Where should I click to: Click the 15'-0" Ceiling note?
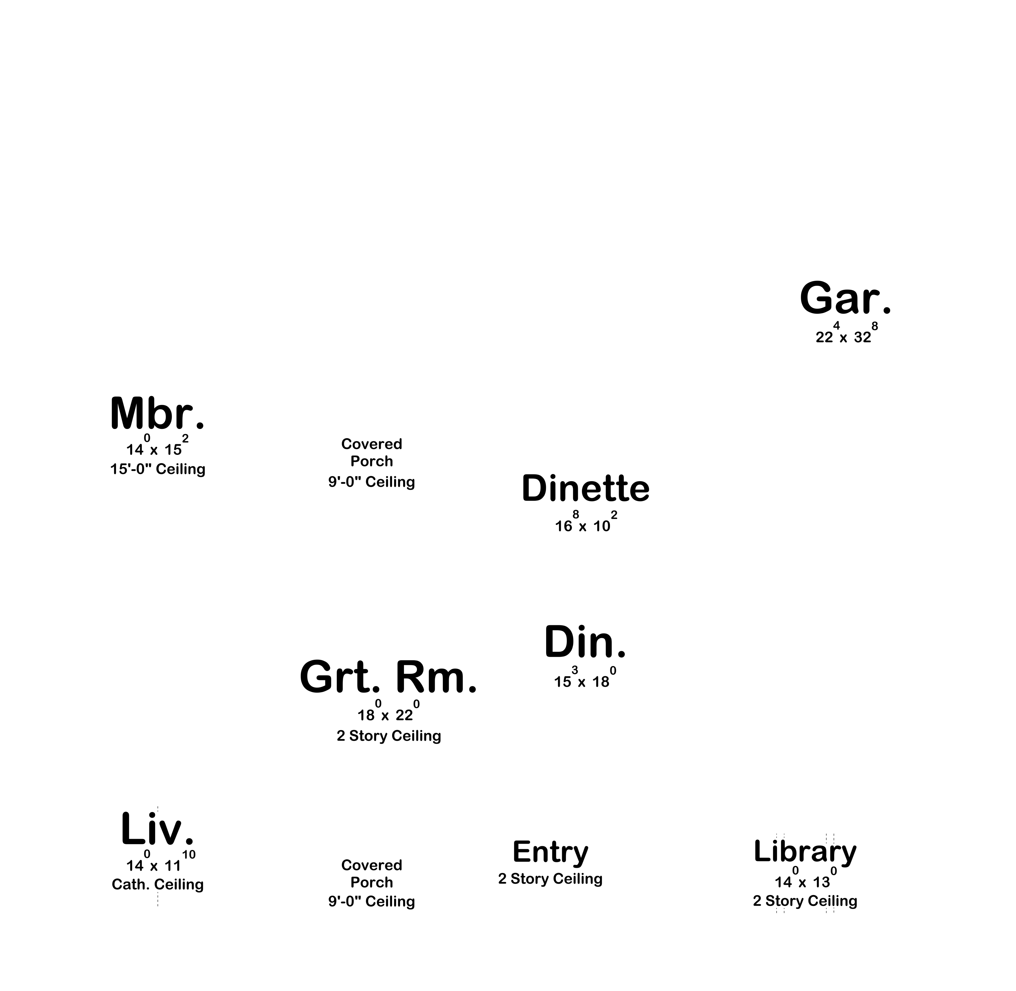click(158, 469)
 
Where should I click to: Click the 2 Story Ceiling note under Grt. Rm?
click(389, 736)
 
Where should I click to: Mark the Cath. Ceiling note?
click(158, 884)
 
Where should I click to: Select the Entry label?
click(551, 852)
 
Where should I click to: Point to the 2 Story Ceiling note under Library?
click(805, 901)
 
